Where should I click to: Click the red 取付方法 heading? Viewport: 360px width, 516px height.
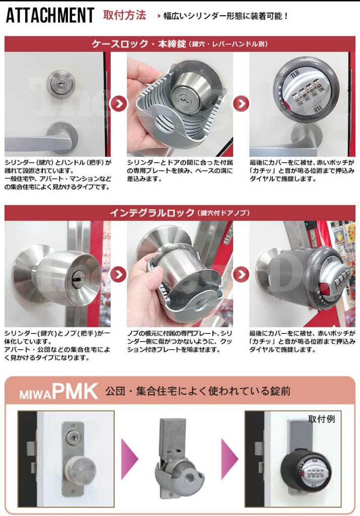[124, 15]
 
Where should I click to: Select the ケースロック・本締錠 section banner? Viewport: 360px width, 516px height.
[180, 44]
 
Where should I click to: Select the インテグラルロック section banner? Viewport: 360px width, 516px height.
[180, 213]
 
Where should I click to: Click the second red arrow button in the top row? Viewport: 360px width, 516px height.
[241, 104]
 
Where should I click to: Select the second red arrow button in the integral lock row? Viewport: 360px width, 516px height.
[241, 275]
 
